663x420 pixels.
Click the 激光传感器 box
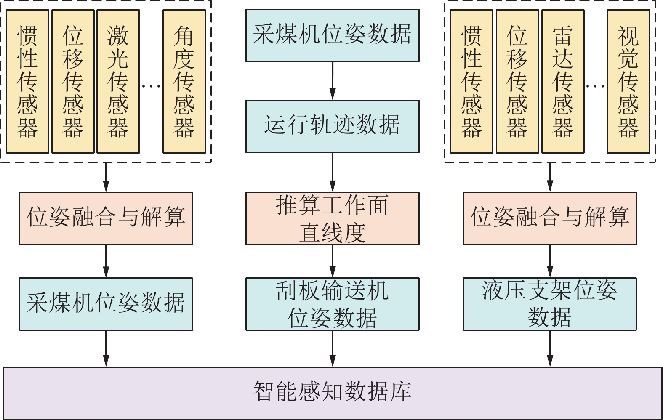pos(118,81)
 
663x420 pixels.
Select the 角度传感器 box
pos(184,81)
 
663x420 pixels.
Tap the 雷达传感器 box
pos(562,81)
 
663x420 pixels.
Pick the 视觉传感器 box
pos(628,81)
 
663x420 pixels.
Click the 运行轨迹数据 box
pos(332,126)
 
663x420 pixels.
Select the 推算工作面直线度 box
pos(332,218)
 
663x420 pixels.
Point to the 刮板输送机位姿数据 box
pos(332,304)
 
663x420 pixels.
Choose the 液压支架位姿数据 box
pos(549,304)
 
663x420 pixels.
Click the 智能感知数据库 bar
pos(332,393)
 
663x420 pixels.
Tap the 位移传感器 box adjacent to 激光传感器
pos(73,81)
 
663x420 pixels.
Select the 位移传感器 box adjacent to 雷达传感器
pos(517,81)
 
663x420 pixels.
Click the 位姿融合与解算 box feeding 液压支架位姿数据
pos(549,218)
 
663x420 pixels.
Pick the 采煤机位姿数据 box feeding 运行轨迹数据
pos(332,35)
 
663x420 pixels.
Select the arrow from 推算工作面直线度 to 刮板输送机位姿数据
pos(332,261)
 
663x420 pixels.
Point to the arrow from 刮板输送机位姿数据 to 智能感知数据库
pos(332,348)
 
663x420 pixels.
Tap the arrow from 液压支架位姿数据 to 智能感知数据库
pos(549,348)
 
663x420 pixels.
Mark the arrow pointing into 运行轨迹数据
pos(332,81)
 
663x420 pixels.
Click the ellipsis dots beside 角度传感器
pos(151,86)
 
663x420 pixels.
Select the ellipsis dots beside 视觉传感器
pos(595,86)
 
